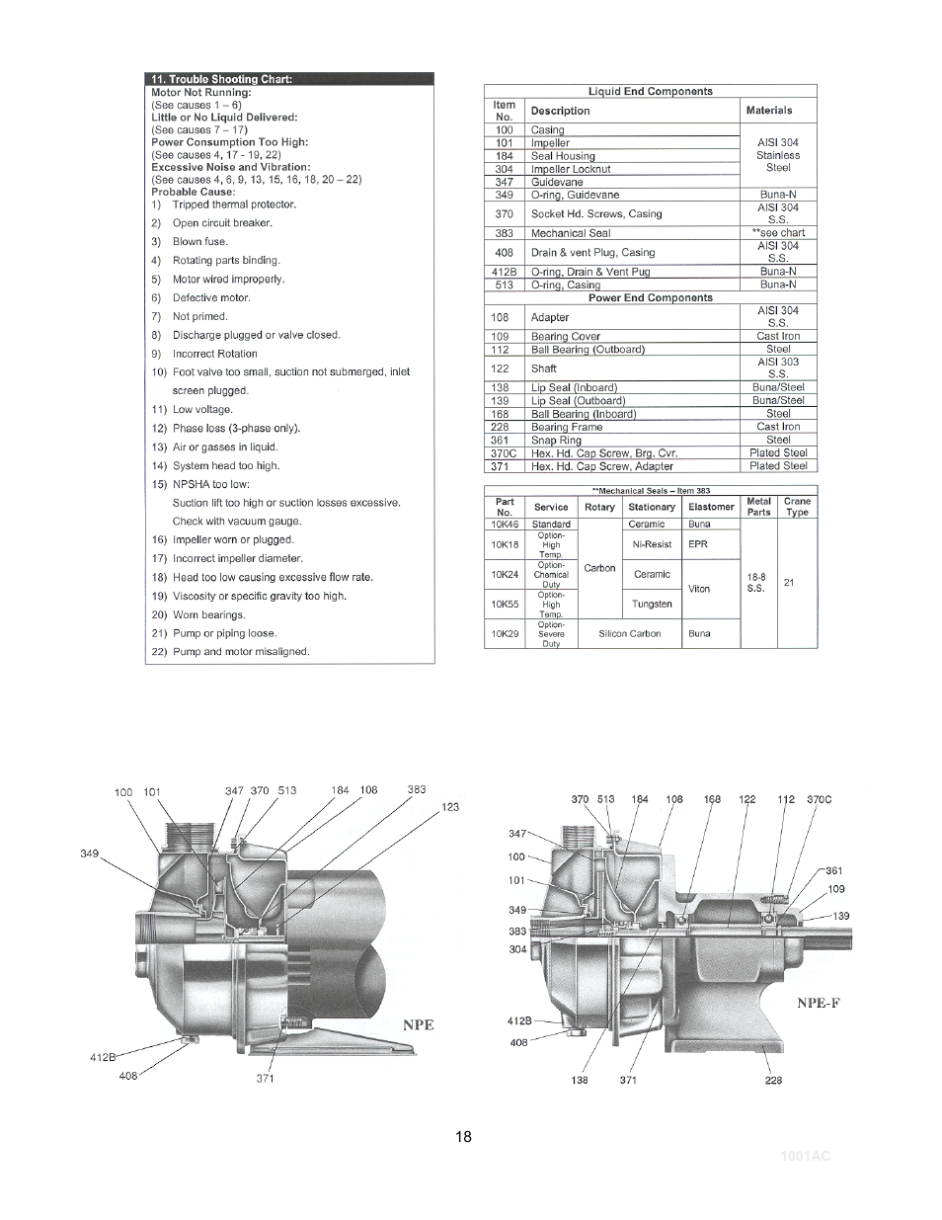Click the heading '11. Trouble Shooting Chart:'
[x=221, y=79]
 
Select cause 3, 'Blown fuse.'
[x=199, y=242]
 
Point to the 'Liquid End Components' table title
[x=650, y=92]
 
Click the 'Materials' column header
[x=769, y=111]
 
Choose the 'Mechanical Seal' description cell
[x=571, y=234]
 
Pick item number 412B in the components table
[x=505, y=272]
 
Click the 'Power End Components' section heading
[x=650, y=297]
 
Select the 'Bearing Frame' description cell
[x=564, y=428]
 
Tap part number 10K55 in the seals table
[x=505, y=604]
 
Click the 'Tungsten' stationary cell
[x=652, y=604]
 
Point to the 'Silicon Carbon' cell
[x=629, y=634]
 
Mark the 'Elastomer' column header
[x=711, y=507]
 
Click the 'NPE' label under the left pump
[x=418, y=1024]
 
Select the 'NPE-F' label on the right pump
[x=819, y=1003]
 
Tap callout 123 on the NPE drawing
[x=450, y=807]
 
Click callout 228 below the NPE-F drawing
[x=773, y=1080]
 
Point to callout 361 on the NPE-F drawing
[x=834, y=870]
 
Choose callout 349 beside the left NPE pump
[x=90, y=854]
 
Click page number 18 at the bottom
[x=463, y=1136]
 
